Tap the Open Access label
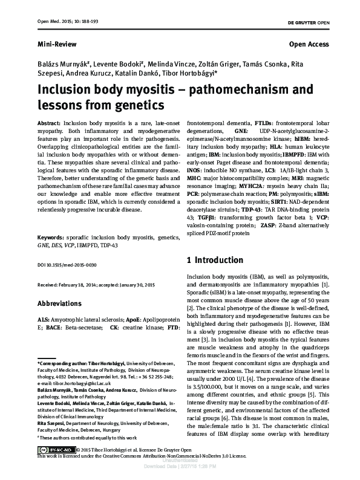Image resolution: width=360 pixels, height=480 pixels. click(309, 45)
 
